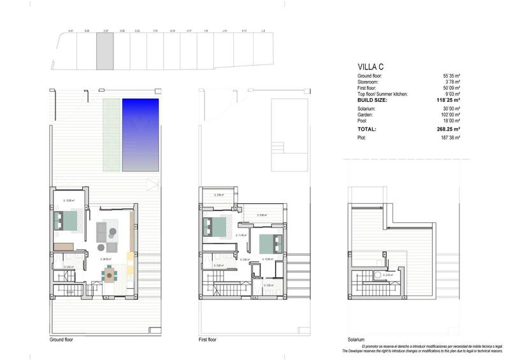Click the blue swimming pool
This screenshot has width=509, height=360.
point(140,134)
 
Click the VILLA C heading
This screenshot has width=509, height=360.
point(369,66)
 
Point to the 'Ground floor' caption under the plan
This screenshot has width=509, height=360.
point(61,340)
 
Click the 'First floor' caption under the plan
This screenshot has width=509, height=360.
point(208,340)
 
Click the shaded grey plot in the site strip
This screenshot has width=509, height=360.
point(104,52)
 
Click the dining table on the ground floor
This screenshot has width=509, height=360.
point(110,275)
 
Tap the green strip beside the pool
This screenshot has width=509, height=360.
point(111,134)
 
